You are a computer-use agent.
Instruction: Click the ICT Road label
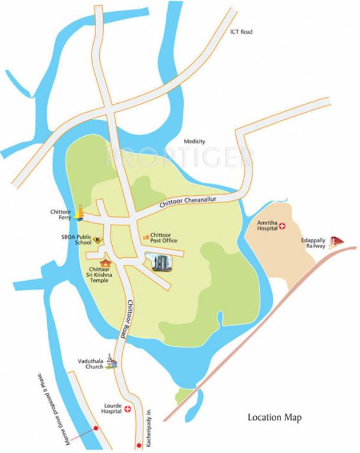coord(241,31)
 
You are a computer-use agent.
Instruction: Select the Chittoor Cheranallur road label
coord(188,202)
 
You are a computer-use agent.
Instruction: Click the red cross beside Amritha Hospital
coord(282,226)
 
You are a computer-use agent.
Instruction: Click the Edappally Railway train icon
coord(336,241)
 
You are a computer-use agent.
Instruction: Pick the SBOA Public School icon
coord(99,239)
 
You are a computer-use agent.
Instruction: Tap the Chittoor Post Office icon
coord(145,237)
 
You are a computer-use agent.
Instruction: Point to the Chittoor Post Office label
coord(164,238)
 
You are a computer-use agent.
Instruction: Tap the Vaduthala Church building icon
coord(112,363)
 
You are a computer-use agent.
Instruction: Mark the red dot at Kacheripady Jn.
coord(139,441)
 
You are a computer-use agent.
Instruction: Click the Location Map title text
coord(274,418)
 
